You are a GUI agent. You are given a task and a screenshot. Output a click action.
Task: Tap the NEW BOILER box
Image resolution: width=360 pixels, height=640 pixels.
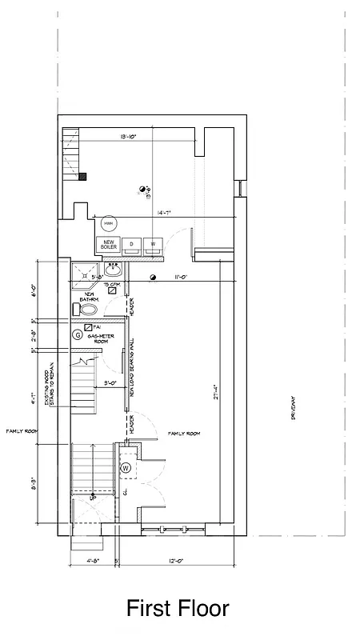click(108, 244)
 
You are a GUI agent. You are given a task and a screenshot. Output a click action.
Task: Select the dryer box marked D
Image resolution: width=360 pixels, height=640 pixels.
click(132, 244)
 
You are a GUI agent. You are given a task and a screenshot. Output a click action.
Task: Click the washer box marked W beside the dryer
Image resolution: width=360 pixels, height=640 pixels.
click(153, 244)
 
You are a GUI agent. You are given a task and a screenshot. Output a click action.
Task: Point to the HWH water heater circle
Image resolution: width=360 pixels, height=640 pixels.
click(108, 223)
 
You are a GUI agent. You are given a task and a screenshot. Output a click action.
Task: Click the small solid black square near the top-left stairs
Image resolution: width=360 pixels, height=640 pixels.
click(82, 176)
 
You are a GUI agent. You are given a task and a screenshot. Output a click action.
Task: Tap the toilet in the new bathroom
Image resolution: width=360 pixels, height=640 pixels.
click(90, 309)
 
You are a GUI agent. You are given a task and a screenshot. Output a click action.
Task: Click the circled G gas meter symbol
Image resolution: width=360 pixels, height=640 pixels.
click(78, 334)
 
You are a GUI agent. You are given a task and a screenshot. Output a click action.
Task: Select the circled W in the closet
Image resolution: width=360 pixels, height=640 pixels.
click(125, 467)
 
